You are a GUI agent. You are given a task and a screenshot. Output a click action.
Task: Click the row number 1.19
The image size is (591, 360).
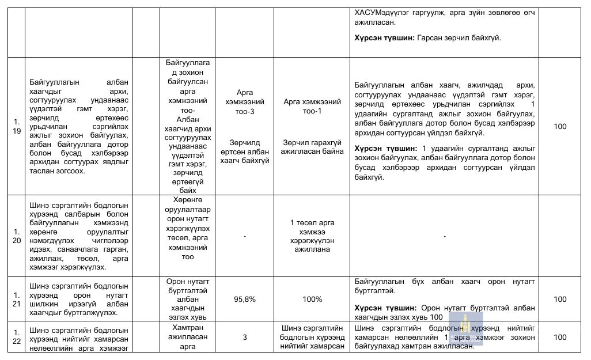pos(16,126)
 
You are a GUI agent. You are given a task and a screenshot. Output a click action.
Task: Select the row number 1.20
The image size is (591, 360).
pos(16,236)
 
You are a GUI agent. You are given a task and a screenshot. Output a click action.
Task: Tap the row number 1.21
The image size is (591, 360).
pos(16,299)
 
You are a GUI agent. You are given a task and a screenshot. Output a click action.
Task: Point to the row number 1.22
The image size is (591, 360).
pos(16,337)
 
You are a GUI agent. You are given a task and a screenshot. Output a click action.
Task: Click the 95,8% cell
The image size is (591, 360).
pos(245,299)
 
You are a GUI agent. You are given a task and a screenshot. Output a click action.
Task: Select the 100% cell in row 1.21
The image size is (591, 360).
pos(312,299)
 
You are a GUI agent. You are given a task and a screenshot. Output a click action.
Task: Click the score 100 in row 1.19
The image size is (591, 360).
pos(560,126)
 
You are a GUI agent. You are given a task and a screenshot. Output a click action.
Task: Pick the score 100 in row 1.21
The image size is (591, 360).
pos(560,299)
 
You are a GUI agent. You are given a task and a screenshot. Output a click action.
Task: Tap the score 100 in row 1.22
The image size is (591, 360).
pos(560,337)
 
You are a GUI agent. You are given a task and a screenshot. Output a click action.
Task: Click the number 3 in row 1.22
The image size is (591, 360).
pos(245,337)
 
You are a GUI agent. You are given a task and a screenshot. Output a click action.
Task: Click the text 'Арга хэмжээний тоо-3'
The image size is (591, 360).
pos(245,102)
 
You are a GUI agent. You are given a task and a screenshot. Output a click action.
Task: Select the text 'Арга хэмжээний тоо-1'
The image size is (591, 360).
pos(312,107)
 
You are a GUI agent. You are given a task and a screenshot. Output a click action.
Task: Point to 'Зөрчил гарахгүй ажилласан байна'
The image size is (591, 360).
pos(312,147)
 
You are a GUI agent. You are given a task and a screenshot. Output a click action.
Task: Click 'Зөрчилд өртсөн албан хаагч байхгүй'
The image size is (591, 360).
pos(245,151)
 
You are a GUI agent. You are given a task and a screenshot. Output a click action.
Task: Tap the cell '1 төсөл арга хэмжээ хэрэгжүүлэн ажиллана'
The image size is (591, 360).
pos(312,236)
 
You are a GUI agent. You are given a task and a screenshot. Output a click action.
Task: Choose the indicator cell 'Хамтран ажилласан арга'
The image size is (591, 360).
pos(188,337)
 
